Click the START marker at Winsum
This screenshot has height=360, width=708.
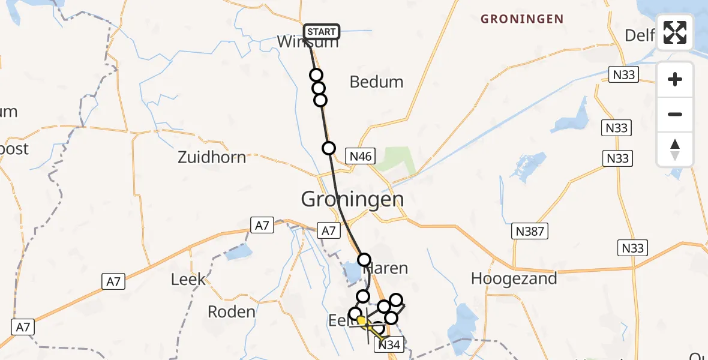[322, 31]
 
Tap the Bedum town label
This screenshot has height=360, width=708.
[376, 82]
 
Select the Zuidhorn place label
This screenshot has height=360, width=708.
[212, 158]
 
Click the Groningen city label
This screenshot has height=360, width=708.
[352, 199]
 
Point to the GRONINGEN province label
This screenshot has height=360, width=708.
[522, 19]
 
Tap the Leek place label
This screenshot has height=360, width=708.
[188, 280]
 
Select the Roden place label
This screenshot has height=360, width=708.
[231, 312]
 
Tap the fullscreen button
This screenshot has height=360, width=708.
[675, 32]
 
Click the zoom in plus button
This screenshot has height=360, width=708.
[675, 79]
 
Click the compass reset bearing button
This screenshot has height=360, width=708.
[675, 149]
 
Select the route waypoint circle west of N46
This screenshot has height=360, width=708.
[329, 148]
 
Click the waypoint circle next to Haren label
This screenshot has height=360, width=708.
[364, 260]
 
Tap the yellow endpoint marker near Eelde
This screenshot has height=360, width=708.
[361, 321]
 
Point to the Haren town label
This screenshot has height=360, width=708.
[390, 269]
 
